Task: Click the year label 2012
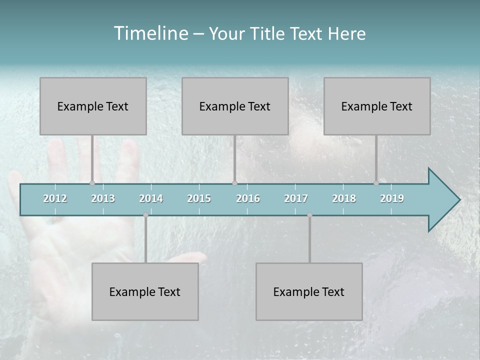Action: (55, 198)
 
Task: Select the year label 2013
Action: (103, 198)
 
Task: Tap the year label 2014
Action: (151, 198)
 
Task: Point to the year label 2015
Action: (199, 198)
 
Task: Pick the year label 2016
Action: (248, 198)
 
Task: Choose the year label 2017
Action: (296, 198)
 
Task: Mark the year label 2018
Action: (344, 198)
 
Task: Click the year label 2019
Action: (392, 198)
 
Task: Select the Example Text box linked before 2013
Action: (93, 106)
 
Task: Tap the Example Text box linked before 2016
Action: (235, 106)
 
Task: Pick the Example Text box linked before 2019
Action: (377, 106)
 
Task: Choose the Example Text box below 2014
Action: (145, 291)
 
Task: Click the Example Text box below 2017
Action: (309, 291)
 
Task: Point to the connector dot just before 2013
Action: (92, 183)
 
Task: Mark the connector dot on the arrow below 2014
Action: (145, 215)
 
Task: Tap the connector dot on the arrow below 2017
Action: (309, 215)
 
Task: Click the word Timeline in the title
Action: (150, 33)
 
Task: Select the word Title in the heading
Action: (268, 34)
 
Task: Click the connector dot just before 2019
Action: (376, 183)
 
